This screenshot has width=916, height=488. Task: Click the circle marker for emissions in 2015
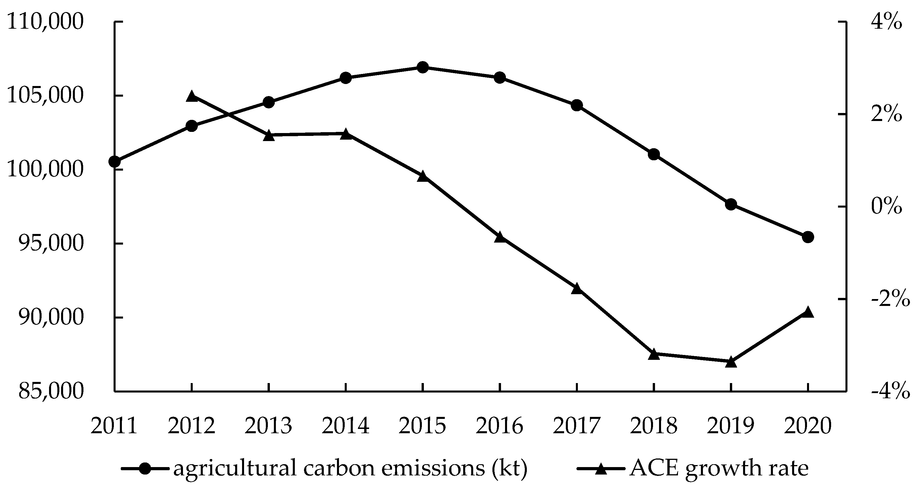click(x=422, y=67)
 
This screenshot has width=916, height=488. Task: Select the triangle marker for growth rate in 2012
click(x=192, y=96)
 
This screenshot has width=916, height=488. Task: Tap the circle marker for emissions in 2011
click(x=114, y=162)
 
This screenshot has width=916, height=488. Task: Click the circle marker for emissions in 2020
click(x=808, y=237)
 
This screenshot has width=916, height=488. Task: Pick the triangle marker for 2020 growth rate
click(x=808, y=312)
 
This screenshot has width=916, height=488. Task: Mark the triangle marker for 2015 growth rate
click(x=422, y=176)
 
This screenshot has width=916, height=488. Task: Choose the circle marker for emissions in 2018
click(x=654, y=154)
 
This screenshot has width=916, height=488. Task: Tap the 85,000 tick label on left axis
click(x=51, y=391)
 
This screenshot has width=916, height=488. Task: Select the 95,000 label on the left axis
click(x=51, y=244)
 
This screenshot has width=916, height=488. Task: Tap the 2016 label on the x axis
click(x=500, y=425)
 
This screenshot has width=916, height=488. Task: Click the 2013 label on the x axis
click(x=268, y=425)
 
